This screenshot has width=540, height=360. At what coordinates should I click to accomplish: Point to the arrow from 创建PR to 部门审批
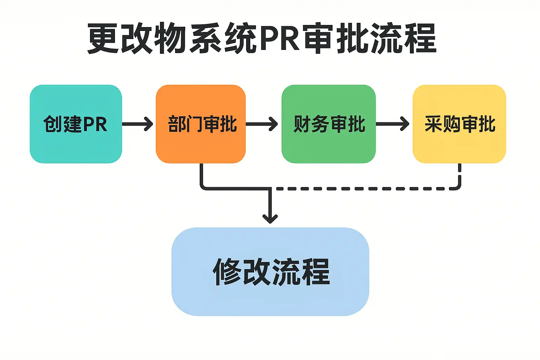(x=137, y=124)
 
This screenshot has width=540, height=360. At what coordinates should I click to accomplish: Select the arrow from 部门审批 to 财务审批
(x=262, y=124)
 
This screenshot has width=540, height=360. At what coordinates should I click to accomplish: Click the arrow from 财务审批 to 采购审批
(x=392, y=124)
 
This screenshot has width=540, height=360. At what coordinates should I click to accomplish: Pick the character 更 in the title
(x=103, y=38)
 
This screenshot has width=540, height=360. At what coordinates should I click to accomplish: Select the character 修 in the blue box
(x=227, y=271)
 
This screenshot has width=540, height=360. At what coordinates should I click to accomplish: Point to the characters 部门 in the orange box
(x=185, y=124)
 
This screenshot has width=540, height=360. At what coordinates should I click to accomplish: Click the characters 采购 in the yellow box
(x=442, y=124)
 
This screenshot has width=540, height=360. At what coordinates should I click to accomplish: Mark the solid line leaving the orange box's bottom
(x=201, y=176)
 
